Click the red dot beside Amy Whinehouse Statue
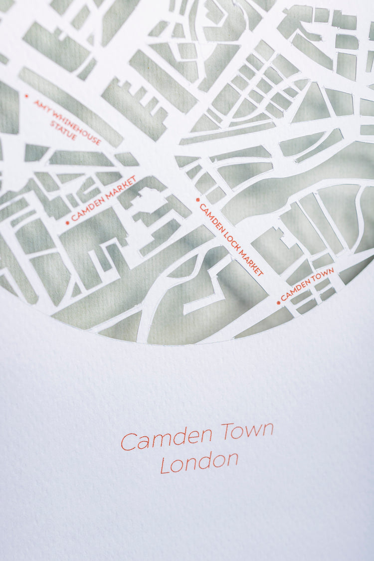(26, 96)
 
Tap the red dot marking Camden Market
(68, 222)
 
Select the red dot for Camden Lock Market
(197, 199)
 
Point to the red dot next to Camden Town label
(278, 302)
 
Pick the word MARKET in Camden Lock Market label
(251, 261)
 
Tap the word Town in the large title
(248, 431)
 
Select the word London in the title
(199, 462)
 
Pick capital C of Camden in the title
(128, 442)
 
